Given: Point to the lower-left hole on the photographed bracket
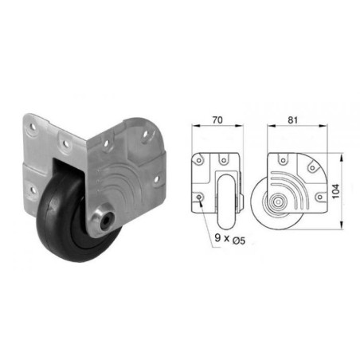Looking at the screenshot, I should pos(29,188).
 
